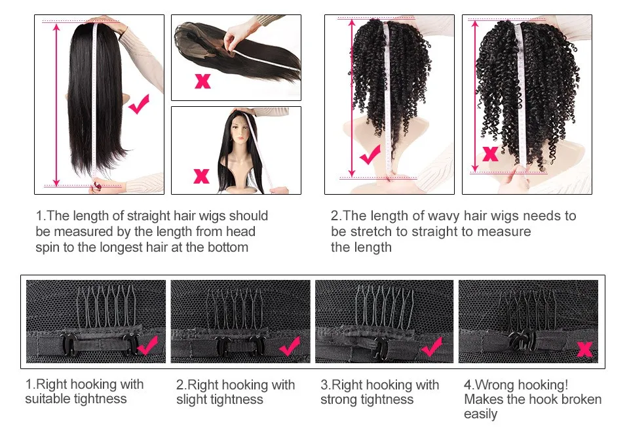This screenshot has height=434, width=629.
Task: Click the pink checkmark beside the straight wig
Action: tap(139, 104)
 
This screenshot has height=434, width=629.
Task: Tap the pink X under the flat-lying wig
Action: tap(202, 81)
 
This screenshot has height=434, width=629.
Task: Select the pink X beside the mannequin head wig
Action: tap(201, 176)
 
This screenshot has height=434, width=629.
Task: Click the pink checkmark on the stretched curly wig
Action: tap(370, 155)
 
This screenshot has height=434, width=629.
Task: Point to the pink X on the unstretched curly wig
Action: tap(490, 154)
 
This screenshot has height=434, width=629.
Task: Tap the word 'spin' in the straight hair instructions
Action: tap(47, 247)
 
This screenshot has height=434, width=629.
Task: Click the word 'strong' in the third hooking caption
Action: tap(339, 400)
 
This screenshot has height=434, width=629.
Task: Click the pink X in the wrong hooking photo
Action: tap(584, 349)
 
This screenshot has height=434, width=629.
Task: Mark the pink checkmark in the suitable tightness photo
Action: tap(147, 345)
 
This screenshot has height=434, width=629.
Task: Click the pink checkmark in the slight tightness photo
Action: tap(290, 346)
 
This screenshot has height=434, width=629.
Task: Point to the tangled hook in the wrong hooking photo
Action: tap(522, 340)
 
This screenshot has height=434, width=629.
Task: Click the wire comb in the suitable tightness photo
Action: tap(105, 307)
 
